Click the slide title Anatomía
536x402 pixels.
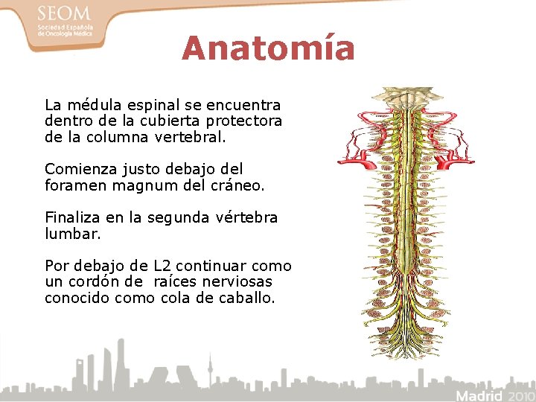[268, 49]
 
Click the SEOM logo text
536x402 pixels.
[63, 14]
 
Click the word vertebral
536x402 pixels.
[190, 138]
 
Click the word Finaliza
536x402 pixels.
[71, 217]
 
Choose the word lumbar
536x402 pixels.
[71, 234]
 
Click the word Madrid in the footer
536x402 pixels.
[479, 395]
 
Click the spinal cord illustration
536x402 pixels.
[406, 223]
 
